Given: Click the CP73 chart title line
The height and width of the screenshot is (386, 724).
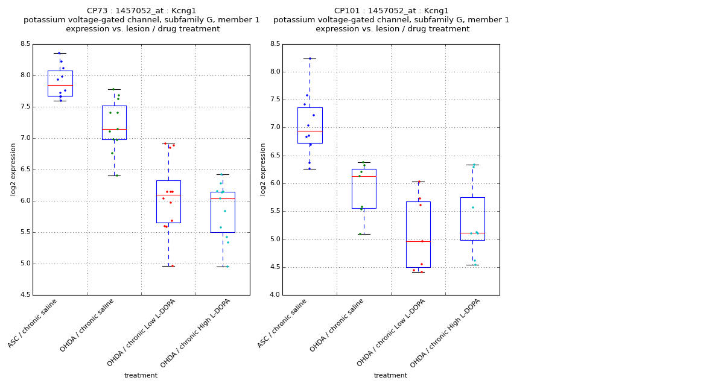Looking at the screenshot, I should pyautogui.click(x=142, y=11).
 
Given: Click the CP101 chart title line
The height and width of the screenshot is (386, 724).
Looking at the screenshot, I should pyautogui.click(x=392, y=11).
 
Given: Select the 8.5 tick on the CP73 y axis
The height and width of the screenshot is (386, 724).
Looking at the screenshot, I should pyautogui.click(x=25, y=44).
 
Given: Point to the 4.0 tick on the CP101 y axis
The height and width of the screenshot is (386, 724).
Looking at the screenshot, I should pyautogui.click(x=275, y=295).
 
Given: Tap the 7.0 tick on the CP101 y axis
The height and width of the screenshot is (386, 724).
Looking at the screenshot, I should pyautogui.click(x=275, y=127).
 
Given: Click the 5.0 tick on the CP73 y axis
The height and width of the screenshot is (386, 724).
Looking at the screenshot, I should pyautogui.click(x=25, y=264).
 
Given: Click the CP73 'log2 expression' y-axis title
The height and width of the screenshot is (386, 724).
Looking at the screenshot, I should pyautogui.click(x=13, y=169).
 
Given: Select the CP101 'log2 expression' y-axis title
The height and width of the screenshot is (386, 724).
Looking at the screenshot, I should pyautogui.click(x=263, y=169).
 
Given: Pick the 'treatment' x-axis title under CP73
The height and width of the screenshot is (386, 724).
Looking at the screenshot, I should pyautogui.click(x=141, y=376).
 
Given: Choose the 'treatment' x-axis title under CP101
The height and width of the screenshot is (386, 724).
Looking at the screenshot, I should pyautogui.click(x=390, y=376).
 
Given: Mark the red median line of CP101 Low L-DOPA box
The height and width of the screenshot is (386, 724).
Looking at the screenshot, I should pyautogui.click(x=418, y=241).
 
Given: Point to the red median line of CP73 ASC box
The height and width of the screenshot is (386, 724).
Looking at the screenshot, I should pyautogui.click(x=60, y=85).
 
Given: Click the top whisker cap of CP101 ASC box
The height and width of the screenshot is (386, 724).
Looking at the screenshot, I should pyautogui.click(x=310, y=59).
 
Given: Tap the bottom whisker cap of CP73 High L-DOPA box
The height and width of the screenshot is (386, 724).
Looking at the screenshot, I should pyautogui.click(x=223, y=267).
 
